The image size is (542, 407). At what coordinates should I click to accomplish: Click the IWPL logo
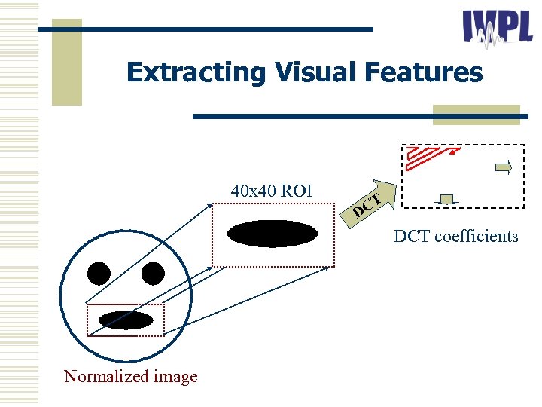coord(498,29)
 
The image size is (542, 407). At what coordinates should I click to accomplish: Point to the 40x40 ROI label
coord(272,191)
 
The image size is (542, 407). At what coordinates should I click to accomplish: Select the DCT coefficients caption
coord(455,237)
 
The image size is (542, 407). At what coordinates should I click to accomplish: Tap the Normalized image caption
coord(131,376)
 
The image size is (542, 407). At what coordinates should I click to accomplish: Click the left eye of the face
coord(99,274)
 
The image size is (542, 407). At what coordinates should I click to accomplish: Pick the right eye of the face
coord(153,274)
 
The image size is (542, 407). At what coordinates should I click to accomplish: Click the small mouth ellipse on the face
coord(126,320)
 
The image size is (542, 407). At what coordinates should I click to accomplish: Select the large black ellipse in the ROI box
coord(273,234)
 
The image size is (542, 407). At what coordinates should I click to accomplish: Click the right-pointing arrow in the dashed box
coord(504,167)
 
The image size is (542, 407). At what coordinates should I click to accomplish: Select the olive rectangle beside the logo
coord(476,115)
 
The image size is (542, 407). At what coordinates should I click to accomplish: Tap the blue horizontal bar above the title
coord(206,29)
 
